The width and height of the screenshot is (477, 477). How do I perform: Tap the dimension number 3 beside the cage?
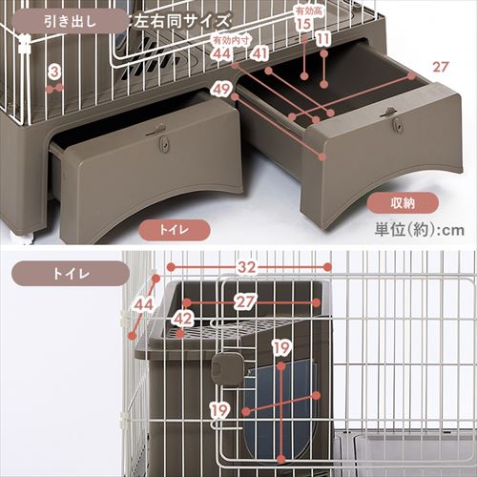pyautogui.click(x=55, y=72)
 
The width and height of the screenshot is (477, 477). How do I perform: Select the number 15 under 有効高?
pyautogui.click(x=302, y=25)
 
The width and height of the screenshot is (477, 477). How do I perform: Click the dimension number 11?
pyautogui.click(x=323, y=39)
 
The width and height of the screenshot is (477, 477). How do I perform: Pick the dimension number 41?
pyautogui.click(x=260, y=55)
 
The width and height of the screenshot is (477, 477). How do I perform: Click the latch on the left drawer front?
pyautogui.click(x=164, y=141)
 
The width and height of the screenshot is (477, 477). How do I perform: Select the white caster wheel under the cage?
pyautogui.click(x=23, y=233)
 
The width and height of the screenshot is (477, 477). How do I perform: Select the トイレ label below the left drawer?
pyautogui.click(x=172, y=229)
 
